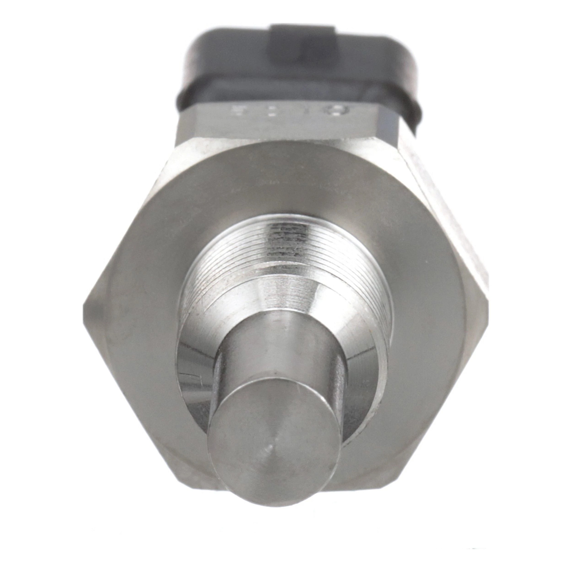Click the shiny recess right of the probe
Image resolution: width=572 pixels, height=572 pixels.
click(x=364, y=364)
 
